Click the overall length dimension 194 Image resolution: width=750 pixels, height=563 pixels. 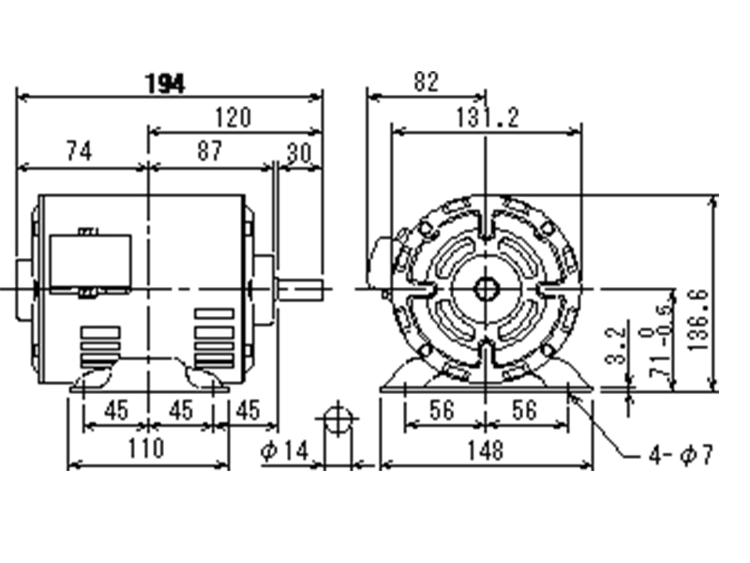coord(165,84)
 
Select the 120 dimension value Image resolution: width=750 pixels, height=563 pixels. coord(232,117)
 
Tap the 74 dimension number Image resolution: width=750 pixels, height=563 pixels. coord(79,151)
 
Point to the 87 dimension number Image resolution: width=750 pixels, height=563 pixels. coord(210,151)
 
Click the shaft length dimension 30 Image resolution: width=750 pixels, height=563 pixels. coord(299,153)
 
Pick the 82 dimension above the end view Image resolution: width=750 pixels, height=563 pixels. coord(427,82)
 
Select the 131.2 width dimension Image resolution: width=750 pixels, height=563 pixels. coord(487,117)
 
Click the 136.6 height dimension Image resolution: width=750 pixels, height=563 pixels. coord(699,320)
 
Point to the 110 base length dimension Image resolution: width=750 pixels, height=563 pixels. coord(146,449)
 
